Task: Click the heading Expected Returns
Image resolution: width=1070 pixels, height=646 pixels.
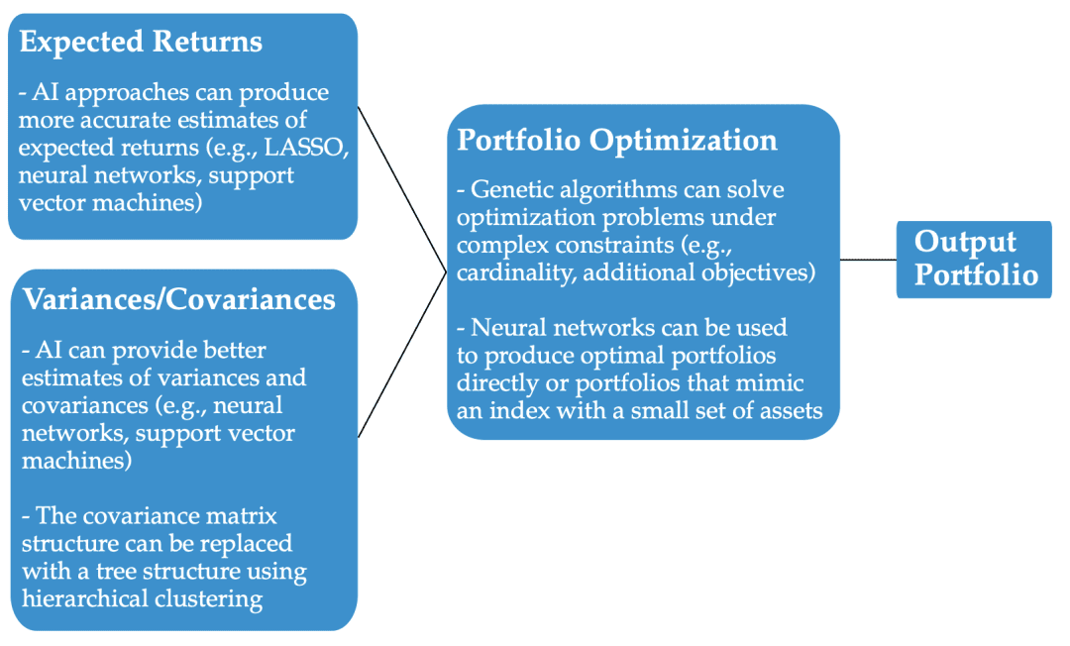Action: click(x=141, y=42)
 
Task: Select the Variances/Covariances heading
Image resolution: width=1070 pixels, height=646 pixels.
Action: click(x=179, y=298)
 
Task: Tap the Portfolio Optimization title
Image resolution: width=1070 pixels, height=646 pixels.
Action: click(x=616, y=140)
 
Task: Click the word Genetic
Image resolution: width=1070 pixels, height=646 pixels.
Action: click(x=514, y=189)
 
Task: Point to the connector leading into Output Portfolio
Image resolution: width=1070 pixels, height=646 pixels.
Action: click(x=867, y=260)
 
